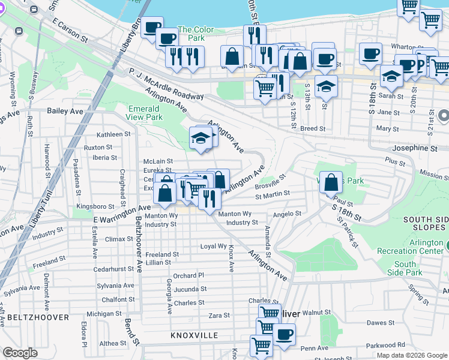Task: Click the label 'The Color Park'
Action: [x=195, y=34]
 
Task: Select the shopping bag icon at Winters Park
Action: [x=331, y=182]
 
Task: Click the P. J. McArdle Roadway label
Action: [x=166, y=83]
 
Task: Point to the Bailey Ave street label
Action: [x=65, y=112]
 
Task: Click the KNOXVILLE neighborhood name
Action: [x=194, y=335]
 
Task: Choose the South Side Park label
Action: [x=405, y=268]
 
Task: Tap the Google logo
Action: [x=20, y=353]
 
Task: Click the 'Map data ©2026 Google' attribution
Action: [x=411, y=355]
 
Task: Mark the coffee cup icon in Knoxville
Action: [x=284, y=334]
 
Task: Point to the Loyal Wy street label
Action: [x=213, y=247]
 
